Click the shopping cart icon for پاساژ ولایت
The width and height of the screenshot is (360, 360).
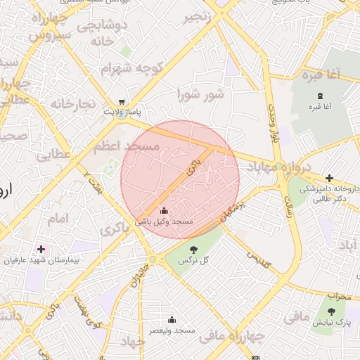click(123, 101)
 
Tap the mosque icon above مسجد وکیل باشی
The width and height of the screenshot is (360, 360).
click(165, 210)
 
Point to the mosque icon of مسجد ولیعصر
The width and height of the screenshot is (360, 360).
click(172, 319)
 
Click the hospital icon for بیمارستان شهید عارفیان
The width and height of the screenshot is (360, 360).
click(41, 250)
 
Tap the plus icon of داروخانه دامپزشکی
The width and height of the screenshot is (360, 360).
click(329, 178)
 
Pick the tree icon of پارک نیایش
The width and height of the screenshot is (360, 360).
click(331, 312)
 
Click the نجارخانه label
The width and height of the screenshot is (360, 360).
click(72, 103)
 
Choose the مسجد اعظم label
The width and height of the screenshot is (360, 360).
click(127, 147)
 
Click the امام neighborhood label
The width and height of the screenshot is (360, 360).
click(59, 219)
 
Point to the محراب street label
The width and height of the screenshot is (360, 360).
click(338, 296)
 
